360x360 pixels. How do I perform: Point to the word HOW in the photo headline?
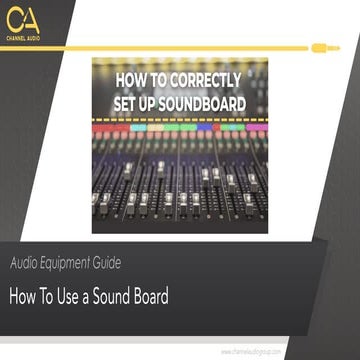[135, 84]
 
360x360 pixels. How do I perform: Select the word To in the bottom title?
[56, 296]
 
